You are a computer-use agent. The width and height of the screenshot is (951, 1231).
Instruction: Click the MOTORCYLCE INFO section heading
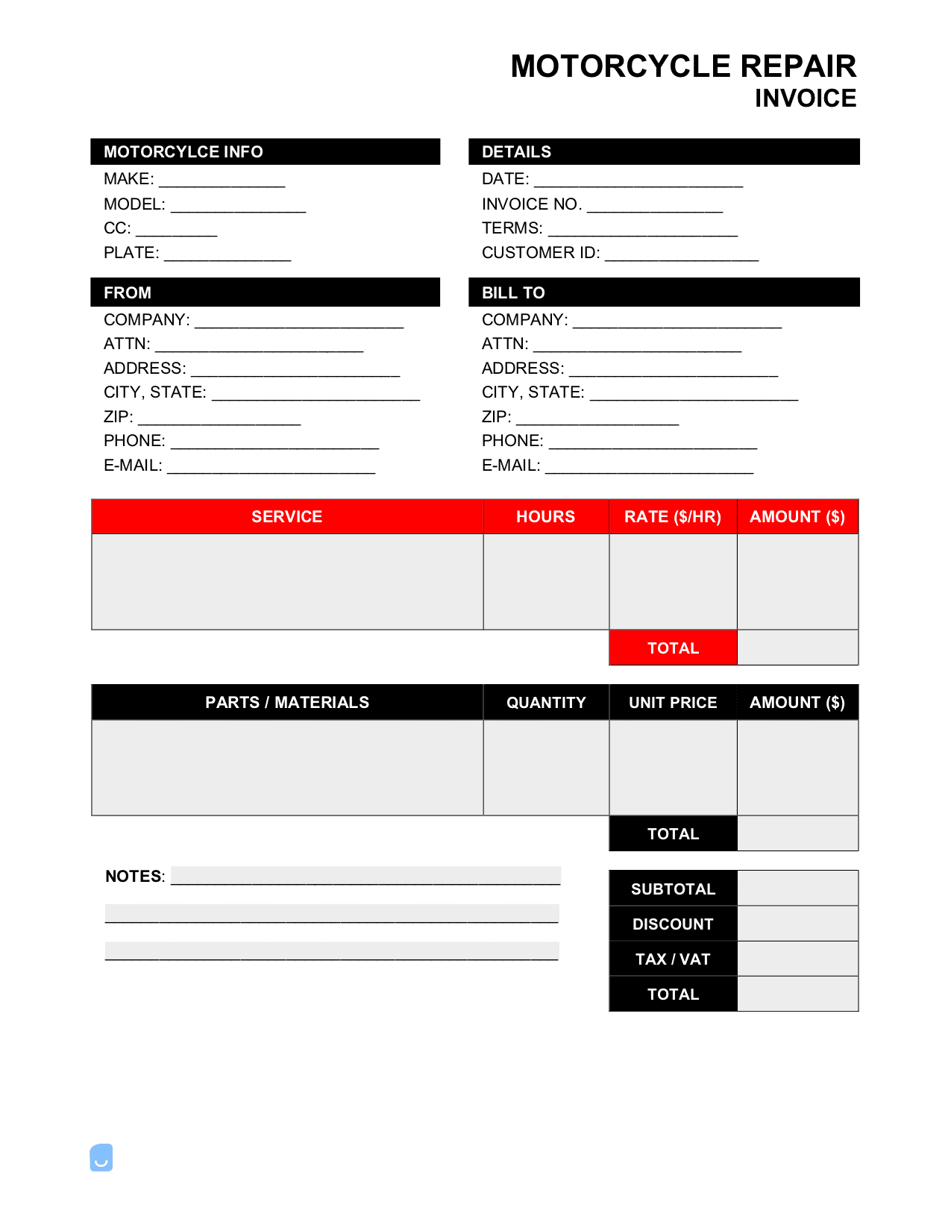coord(183,152)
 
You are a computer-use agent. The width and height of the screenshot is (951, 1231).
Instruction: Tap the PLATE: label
coord(131,253)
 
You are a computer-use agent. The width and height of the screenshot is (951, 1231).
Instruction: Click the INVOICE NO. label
coord(532,204)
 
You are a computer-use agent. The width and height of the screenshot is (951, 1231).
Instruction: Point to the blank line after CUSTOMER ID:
coord(682,255)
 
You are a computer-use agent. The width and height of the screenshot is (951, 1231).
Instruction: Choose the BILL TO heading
coord(513,293)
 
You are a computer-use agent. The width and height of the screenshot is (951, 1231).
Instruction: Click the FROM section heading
coord(128,293)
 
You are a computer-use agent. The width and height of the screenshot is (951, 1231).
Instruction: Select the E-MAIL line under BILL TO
coord(649,468)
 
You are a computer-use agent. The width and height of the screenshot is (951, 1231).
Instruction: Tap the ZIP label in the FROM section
coord(118,417)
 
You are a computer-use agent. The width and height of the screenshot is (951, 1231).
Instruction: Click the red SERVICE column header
coord(287,517)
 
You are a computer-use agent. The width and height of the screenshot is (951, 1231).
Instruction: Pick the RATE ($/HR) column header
coord(673,517)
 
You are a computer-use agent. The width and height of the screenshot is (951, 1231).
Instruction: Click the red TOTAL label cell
coord(673,648)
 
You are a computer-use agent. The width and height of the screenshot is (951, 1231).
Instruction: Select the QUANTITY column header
coord(546,703)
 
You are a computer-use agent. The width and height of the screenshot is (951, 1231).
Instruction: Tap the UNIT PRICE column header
coord(673,703)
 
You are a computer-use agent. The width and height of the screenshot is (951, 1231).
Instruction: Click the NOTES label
coord(134,877)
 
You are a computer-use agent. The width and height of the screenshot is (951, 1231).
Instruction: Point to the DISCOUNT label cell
coord(673,924)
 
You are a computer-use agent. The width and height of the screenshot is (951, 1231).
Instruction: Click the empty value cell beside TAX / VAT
coord(797,959)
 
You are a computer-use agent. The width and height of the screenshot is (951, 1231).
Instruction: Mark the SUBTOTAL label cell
coord(673,889)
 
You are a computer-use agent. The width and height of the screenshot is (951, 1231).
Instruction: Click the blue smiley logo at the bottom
coord(101,1158)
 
